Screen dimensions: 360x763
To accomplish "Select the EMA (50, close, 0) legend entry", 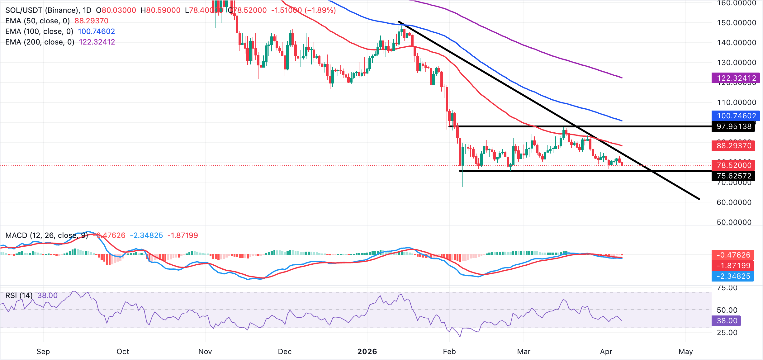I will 37,21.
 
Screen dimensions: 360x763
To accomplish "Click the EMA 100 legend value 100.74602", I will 96,31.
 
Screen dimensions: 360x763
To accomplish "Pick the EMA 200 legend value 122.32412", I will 97,42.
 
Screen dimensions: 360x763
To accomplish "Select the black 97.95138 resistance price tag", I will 734,126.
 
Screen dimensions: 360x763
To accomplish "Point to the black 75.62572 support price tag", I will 734,176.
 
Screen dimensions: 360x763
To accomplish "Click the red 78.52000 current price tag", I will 734,165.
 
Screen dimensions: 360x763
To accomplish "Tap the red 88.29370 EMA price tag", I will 734,146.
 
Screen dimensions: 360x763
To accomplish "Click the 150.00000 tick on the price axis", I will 736,23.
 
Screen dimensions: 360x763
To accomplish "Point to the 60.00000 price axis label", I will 734,202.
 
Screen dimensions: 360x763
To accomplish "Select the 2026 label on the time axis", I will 367,352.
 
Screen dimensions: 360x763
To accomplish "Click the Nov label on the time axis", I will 205,352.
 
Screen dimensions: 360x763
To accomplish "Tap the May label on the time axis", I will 685,352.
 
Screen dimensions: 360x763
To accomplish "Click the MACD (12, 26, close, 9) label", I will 47,235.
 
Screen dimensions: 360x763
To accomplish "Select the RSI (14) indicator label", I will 19,295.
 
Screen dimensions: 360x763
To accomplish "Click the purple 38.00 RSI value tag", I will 727,321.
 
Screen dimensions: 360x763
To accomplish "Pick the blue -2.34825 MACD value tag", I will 733,276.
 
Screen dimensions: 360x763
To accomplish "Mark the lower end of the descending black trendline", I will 699,199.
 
